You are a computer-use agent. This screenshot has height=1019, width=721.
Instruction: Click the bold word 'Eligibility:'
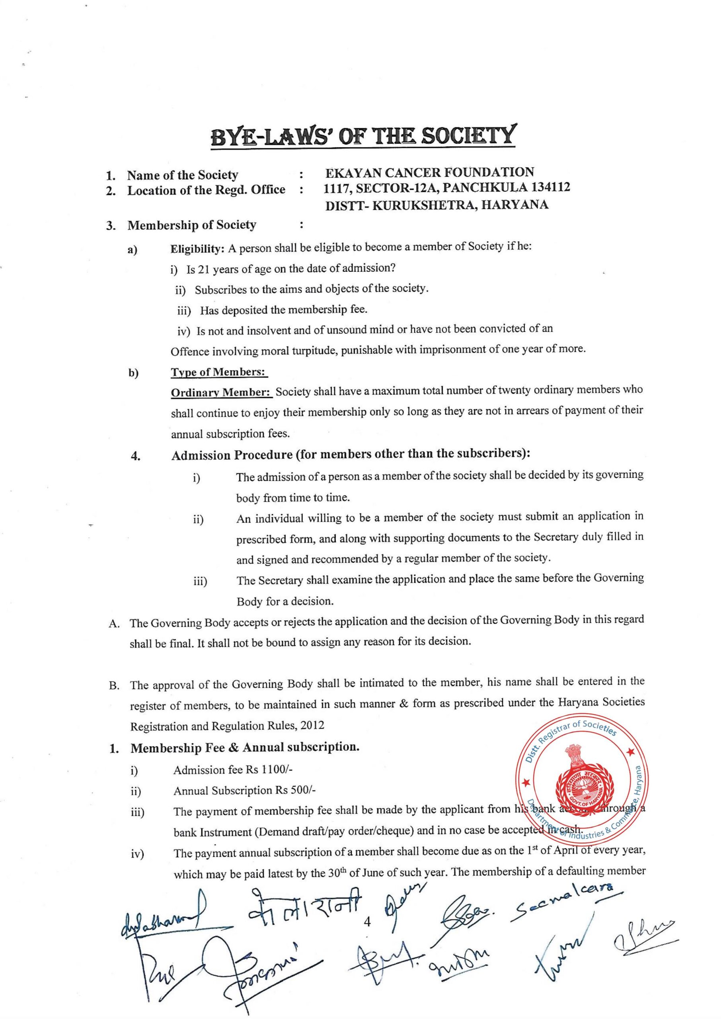point(198,249)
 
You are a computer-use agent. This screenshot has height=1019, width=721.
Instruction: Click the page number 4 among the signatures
point(367,922)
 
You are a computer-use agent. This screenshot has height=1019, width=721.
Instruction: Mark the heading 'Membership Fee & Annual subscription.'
point(245,748)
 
